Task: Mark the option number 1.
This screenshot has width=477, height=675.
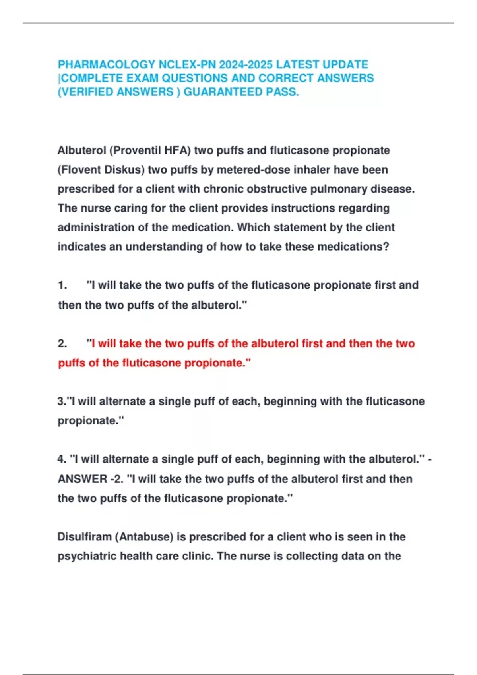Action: point(62,285)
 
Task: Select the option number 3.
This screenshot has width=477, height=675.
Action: point(62,401)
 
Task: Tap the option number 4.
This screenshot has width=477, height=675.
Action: point(62,459)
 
